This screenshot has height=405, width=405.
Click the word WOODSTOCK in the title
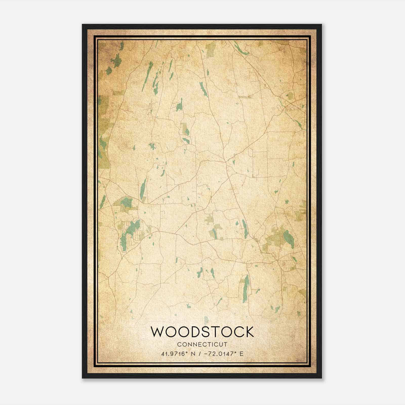pos(202,332)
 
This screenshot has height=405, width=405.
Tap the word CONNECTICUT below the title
pos(202,345)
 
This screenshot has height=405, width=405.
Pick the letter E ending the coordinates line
pos(241,354)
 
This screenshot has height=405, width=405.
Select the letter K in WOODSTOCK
pos(249,332)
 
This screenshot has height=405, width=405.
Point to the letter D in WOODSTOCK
pos(194,332)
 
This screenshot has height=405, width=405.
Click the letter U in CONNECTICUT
pos(220,345)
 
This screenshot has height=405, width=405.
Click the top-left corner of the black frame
pos(83,25)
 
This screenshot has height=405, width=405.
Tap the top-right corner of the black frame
pos(321,25)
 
